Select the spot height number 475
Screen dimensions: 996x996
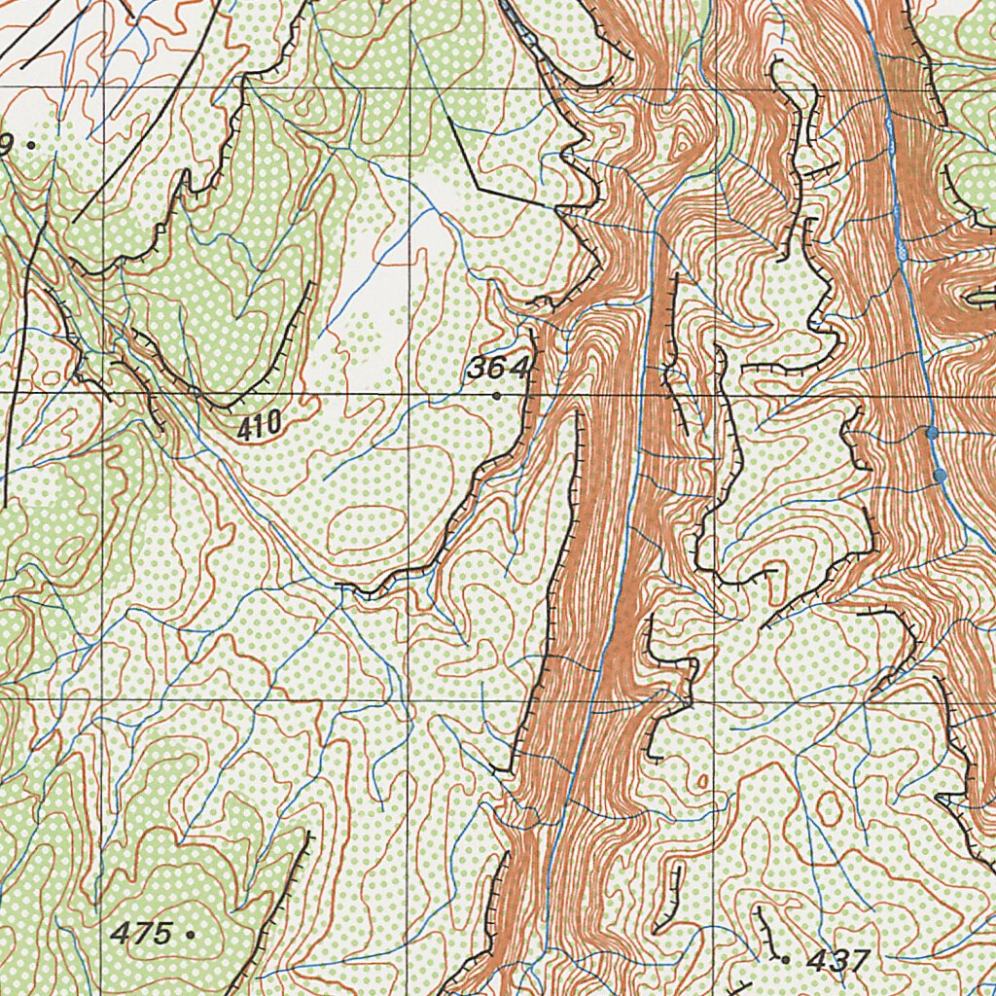click(141, 933)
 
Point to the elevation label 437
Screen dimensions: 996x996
click(837, 960)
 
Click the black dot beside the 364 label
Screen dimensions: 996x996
click(497, 395)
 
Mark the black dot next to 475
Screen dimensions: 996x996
click(189, 934)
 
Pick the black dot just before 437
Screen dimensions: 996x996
click(785, 959)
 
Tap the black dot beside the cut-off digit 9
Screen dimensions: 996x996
click(31, 144)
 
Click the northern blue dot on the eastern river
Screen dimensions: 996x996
click(932, 431)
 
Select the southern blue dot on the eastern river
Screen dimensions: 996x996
click(940, 475)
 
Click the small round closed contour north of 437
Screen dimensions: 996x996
click(829, 806)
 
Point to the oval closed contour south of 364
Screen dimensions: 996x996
click(365, 528)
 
